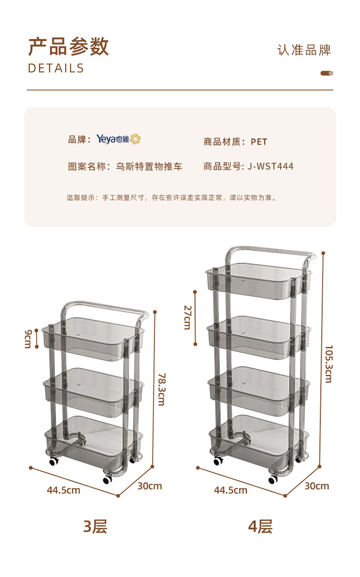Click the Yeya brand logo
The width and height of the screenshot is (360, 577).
pyautogui.click(x=118, y=139)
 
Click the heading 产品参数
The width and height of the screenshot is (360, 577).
pyautogui.click(x=69, y=47)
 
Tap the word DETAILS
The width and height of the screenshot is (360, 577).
pyautogui.click(x=56, y=68)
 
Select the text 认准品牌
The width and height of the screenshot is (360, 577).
pyautogui.click(x=304, y=50)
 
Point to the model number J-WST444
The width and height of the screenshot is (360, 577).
pyautogui.click(x=271, y=166)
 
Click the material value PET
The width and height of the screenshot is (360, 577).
pyautogui.click(x=259, y=142)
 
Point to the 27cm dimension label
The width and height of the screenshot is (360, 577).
pyautogui.click(x=187, y=317)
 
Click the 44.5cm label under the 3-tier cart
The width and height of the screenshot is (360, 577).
pyautogui.click(x=63, y=490)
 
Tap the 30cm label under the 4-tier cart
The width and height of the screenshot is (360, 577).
pyautogui.click(x=317, y=486)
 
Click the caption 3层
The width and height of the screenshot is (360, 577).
pyautogui.click(x=95, y=526)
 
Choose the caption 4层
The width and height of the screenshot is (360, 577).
pyautogui.click(x=260, y=526)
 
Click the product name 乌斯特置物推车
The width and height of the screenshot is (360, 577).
pyautogui.click(x=149, y=167)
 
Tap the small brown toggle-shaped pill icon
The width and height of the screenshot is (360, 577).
pyautogui.click(x=327, y=73)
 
